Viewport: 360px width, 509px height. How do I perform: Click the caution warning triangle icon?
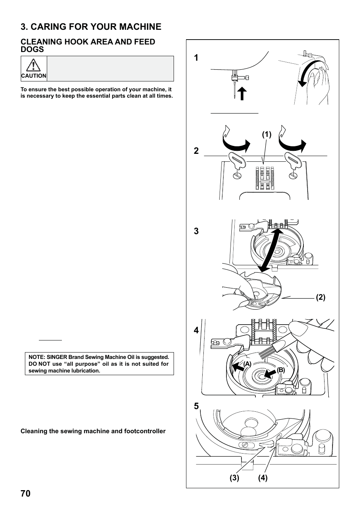tap(34, 66)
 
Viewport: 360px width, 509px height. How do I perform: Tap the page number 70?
tap(25, 494)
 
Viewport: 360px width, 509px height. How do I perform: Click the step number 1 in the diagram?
tap(196, 58)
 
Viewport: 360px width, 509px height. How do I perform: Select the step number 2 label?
tap(196, 151)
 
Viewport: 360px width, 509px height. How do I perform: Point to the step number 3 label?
tap(196, 231)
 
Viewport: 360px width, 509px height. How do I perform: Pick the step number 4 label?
tap(196, 330)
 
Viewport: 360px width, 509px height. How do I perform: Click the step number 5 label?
tap(196, 406)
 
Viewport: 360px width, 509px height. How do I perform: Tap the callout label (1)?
tap(267, 135)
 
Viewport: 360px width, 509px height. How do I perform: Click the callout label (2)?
tap(321, 297)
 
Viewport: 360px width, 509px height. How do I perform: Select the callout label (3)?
tap(234, 478)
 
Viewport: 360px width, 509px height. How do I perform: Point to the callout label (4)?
tap(263, 478)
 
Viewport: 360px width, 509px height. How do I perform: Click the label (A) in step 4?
tap(247, 363)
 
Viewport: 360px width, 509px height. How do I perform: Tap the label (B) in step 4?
tap(281, 370)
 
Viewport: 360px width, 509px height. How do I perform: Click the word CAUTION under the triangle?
tap(34, 76)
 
